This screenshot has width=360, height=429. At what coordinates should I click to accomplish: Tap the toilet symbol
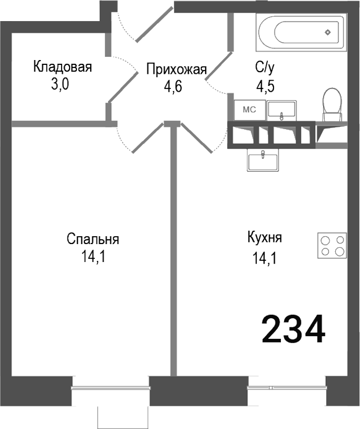tap(332, 103)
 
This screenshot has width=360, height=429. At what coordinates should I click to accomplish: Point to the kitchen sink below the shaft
tap(262, 160)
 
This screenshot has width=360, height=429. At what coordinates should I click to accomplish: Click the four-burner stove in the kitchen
tap(332, 246)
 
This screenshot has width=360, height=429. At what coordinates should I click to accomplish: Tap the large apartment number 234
tap(293, 330)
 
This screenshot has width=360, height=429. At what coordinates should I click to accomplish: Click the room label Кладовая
tap(63, 67)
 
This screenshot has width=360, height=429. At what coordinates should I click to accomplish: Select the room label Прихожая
tap(176, 70)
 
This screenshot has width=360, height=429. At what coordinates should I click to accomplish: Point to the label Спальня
tap(93, 239)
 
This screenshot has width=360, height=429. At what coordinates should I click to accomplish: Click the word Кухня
tap(265, 237)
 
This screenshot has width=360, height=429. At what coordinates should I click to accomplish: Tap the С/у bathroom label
tap(265, 67)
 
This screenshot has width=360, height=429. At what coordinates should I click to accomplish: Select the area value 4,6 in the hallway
tap(173, 87)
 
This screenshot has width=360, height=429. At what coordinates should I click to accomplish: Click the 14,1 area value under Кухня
tap(265, 258)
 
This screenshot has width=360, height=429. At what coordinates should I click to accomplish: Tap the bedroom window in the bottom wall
tap(110, 389)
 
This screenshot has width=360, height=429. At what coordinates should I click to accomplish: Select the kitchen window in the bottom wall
tap(287, 389)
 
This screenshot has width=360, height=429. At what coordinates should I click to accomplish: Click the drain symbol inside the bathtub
tap(328, 32)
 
